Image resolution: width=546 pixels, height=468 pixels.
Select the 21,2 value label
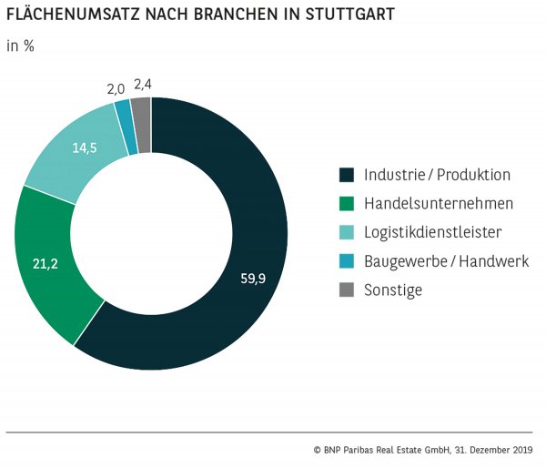click(45, 266)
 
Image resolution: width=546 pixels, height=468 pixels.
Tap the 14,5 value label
click(85, 148)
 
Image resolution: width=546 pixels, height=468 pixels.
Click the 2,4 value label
click(143, 85)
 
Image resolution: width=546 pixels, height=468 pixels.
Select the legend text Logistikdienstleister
click(430, 232)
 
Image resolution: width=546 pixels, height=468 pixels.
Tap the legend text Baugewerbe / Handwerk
click(446, 261)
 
